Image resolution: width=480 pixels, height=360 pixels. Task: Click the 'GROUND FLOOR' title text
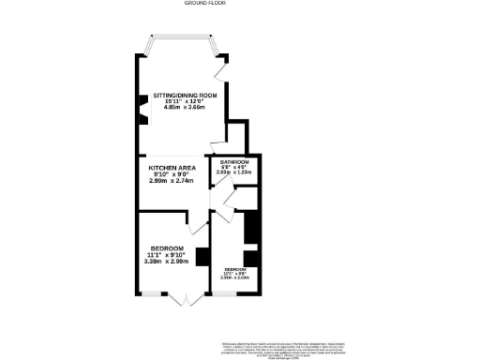coord(239,4)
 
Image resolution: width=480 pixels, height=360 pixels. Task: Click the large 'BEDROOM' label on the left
coord(166,247)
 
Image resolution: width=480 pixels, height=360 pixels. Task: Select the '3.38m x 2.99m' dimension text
coord(166,262)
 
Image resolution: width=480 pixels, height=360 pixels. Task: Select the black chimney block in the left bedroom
coord(201,254)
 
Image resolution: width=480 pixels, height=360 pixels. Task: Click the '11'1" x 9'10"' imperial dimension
coord(166,255)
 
